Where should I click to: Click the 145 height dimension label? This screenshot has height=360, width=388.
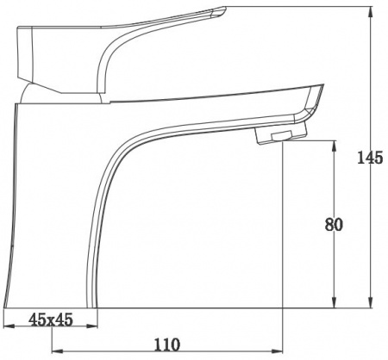(370, 158)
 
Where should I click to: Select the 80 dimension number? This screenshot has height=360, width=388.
(334, 225)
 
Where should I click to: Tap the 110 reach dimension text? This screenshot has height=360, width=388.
(167, 344)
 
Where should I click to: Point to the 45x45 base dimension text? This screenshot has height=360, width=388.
(51, 320)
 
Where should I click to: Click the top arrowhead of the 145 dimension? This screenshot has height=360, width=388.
(371, 12)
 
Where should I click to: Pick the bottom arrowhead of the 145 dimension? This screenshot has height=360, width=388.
(371, 302)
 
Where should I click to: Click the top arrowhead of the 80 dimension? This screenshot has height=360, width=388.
(334, 146)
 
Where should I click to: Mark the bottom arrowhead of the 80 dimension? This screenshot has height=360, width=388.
(334, 302)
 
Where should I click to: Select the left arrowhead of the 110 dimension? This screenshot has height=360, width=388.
(58, 351)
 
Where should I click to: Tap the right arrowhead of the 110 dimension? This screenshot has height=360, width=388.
(278, 351)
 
